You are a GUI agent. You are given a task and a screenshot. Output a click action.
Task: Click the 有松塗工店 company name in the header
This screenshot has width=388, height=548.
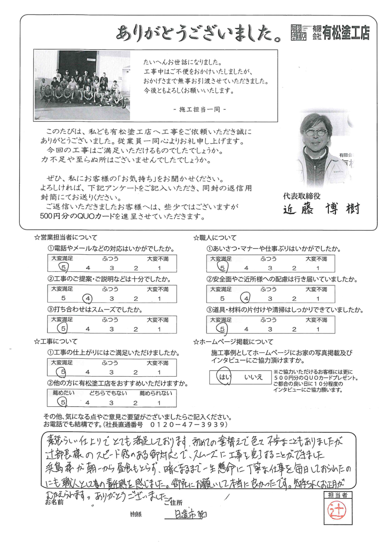point(346,33)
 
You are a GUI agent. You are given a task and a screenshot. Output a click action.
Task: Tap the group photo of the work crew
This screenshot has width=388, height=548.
point(82,85)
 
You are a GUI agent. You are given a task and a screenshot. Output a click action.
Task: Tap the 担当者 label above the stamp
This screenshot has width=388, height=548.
point(335,495)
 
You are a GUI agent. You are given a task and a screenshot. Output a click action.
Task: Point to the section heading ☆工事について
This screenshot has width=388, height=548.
point(56,341)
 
